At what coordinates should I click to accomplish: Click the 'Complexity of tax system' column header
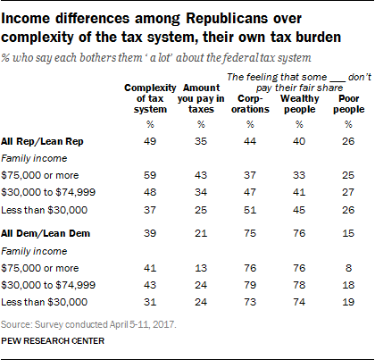coord(150,98)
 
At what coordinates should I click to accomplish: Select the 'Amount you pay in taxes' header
coord(201,98)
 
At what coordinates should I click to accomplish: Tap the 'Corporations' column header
coord(250,104)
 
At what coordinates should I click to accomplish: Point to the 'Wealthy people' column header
coord(299,104)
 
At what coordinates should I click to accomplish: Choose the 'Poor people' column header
coord(349,104)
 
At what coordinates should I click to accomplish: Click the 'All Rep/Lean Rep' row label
coord(42,141)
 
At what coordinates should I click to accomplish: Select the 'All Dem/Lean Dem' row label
coord(46,233)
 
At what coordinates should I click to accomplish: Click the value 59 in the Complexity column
coord(150,175)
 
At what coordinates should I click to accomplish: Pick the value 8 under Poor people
coord(348,268)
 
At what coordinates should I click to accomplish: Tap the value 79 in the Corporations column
coord(250,285)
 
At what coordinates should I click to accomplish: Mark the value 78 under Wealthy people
coord(299,285)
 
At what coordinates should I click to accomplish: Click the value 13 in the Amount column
coord(201,268)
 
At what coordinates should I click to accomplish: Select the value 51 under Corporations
coord(250,210)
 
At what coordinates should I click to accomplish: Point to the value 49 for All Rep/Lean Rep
coord(150,141)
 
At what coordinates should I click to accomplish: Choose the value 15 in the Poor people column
coord(348,233)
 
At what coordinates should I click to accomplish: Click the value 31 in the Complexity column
coord(150,302)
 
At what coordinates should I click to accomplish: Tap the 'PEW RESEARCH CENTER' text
coord(53,341)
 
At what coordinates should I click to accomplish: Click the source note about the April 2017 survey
coord(88,324)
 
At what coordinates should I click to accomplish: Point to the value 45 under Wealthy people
coord(299,210)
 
